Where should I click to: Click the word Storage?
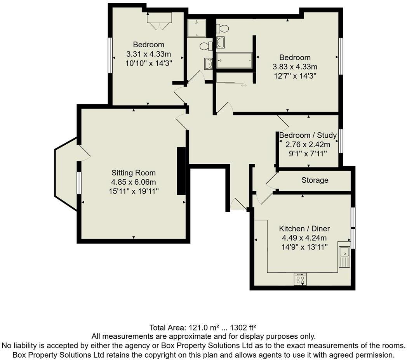(x=315, y=180)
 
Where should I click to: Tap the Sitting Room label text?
(x=133, y=173)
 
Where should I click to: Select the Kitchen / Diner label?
(x=304, y=228)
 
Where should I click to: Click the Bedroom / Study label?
(x=308, y=135)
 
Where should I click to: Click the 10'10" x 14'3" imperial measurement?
(x=149, y=62)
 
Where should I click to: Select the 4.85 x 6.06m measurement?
(x=133, y=182)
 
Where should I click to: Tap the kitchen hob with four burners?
(x=300, y=279)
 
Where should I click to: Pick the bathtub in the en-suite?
(x=234, y=61)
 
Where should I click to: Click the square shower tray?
(x=196, y=28)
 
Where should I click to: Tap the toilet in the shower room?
(x=206, y=46)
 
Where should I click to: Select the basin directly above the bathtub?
(x=221, y=42)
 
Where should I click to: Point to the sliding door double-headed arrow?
(x=244, y=85)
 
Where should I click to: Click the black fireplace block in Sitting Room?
(x=181, y=171)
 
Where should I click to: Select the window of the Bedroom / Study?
(x=341, y=141)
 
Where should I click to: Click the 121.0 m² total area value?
(x=203, y=327)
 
